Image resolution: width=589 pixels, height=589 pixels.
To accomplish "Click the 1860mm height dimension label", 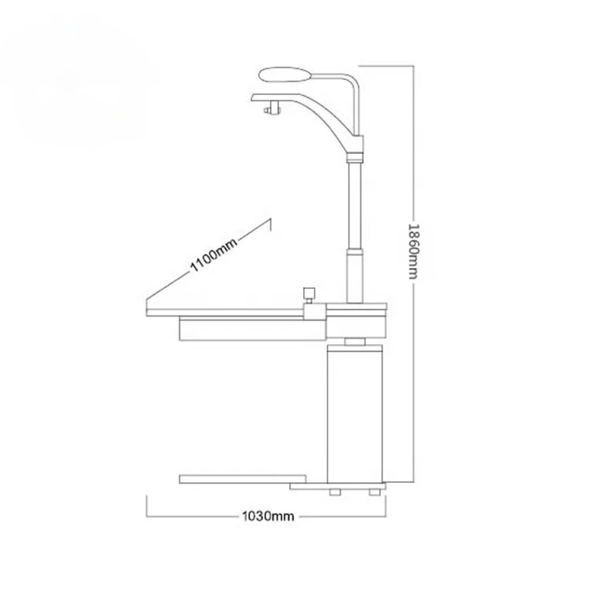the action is (413, 251).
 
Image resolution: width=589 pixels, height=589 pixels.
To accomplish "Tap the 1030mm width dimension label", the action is (268, 516).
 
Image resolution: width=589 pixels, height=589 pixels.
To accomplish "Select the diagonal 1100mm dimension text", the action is (214, 255).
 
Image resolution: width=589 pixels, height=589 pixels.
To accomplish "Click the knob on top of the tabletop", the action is (309, 293).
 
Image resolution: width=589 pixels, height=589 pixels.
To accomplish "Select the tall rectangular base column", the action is (355, 414).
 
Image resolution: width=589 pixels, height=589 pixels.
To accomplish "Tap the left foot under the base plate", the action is (335, 492).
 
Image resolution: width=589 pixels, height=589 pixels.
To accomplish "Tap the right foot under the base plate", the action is (374, 492).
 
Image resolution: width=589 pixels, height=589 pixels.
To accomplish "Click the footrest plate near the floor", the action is (243, 479).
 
